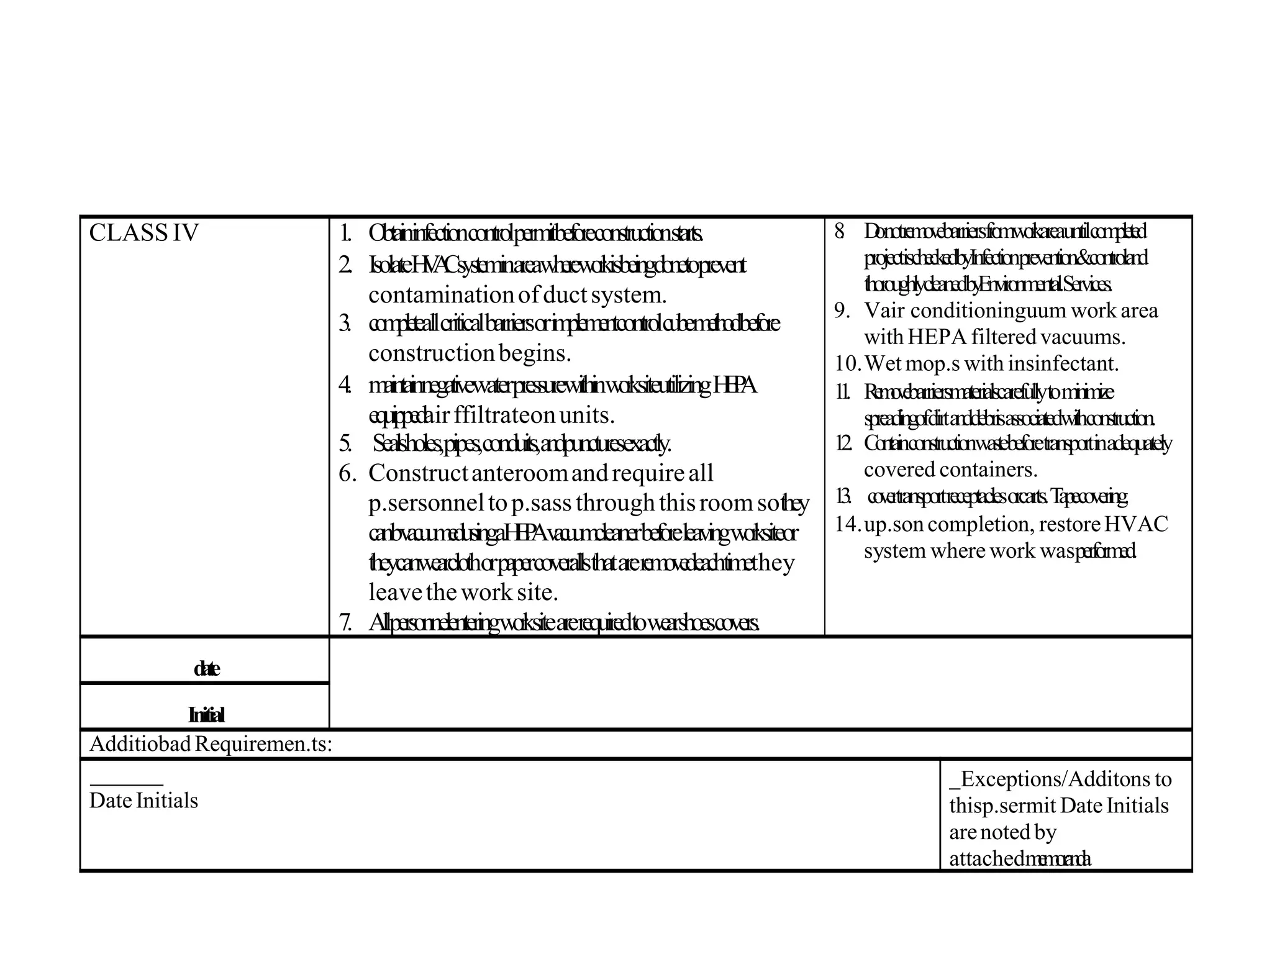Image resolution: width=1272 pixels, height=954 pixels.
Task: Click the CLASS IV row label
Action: point(143,233)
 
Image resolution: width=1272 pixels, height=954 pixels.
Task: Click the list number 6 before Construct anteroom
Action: point(347,473)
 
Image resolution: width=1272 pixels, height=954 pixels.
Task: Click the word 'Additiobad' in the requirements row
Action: point(140,743)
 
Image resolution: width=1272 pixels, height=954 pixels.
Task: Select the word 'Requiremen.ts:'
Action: point(263,743)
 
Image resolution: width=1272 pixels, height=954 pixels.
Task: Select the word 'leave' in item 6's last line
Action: point(395,592)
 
